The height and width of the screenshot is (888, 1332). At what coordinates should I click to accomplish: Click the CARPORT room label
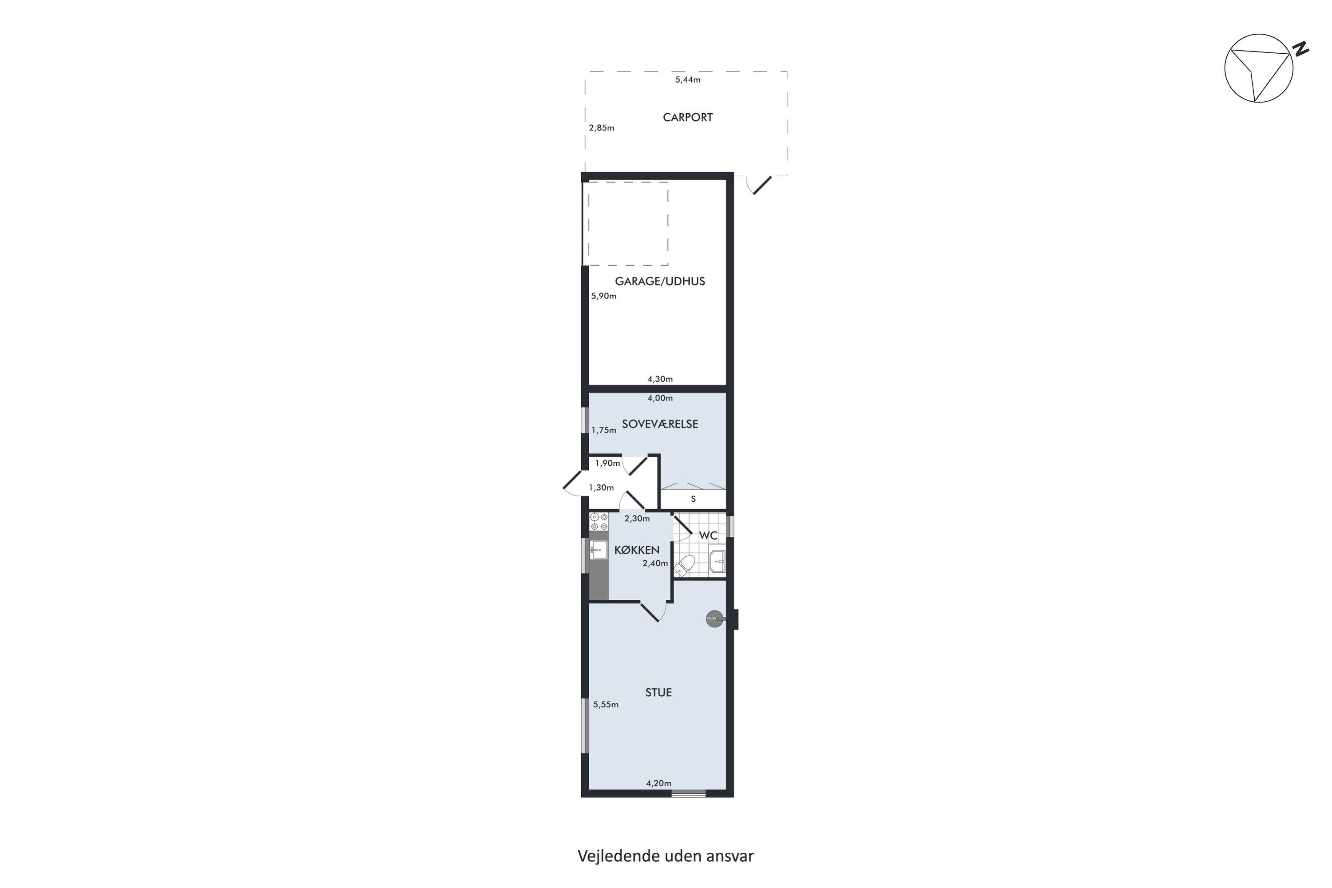687,117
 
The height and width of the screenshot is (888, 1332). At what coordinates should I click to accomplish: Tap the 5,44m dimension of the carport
687,80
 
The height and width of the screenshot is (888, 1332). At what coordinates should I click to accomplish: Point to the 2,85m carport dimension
602,128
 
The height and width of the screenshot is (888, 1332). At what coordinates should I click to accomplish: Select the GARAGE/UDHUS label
660,281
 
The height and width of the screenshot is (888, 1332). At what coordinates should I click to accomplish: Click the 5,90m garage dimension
604,296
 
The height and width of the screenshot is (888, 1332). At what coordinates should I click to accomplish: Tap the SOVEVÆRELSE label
660,424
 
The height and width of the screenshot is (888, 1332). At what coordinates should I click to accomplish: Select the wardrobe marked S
693,499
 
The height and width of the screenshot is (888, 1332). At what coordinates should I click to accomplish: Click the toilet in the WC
685,565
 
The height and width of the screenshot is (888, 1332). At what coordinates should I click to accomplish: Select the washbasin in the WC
718,561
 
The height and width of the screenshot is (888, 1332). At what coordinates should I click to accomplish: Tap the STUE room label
658,693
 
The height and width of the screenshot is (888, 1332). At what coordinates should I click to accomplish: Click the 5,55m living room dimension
606,705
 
